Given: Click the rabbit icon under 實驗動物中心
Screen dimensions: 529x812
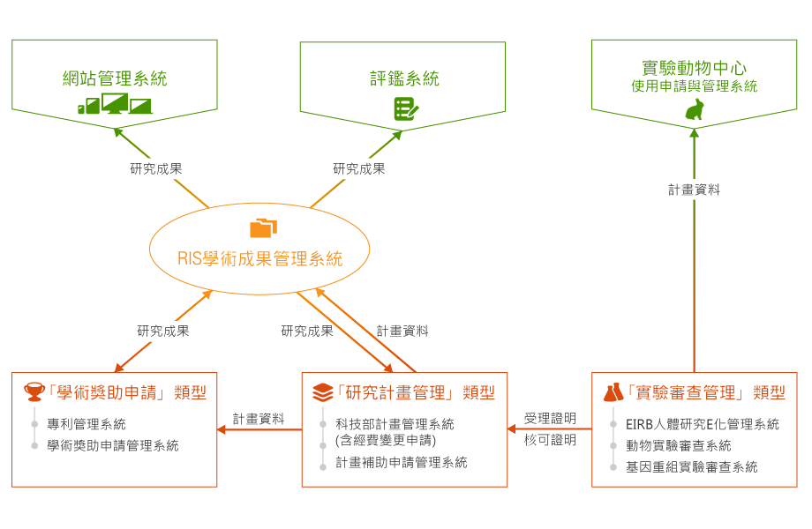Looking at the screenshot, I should (695, 109).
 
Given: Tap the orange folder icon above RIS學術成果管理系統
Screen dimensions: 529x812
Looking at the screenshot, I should (263, 228).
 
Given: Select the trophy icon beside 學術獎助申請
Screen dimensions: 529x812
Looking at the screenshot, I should (34, 391).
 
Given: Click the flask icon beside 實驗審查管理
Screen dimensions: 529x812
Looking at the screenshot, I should (613, 392).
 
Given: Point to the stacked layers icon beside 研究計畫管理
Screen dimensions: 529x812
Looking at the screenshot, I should (323, 391).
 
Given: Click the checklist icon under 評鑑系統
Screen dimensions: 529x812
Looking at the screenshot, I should (405, 109).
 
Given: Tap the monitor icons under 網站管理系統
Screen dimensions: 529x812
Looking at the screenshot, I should (115, 105).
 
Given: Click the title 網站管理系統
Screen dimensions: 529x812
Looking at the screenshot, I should (115, 78).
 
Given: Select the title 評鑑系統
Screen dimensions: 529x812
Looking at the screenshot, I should (404, 78).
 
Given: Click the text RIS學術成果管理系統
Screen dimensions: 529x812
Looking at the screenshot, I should (259, 259).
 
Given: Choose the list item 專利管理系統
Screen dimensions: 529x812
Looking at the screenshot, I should (86, 424).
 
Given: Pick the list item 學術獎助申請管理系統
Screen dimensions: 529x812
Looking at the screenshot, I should (113, 445).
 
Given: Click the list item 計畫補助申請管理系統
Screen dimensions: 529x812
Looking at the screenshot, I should (402, 462).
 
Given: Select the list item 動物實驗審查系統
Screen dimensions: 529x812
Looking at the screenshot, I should (679, 445).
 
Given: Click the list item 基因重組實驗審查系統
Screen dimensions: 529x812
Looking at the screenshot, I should (692, 466).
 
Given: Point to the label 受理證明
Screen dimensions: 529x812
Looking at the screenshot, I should (550, 418).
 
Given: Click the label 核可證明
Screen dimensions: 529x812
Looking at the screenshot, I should (550, 439).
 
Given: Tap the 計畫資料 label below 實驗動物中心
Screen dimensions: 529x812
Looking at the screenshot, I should (694, 189).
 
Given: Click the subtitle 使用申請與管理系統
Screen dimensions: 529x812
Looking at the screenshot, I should (694, 86).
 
